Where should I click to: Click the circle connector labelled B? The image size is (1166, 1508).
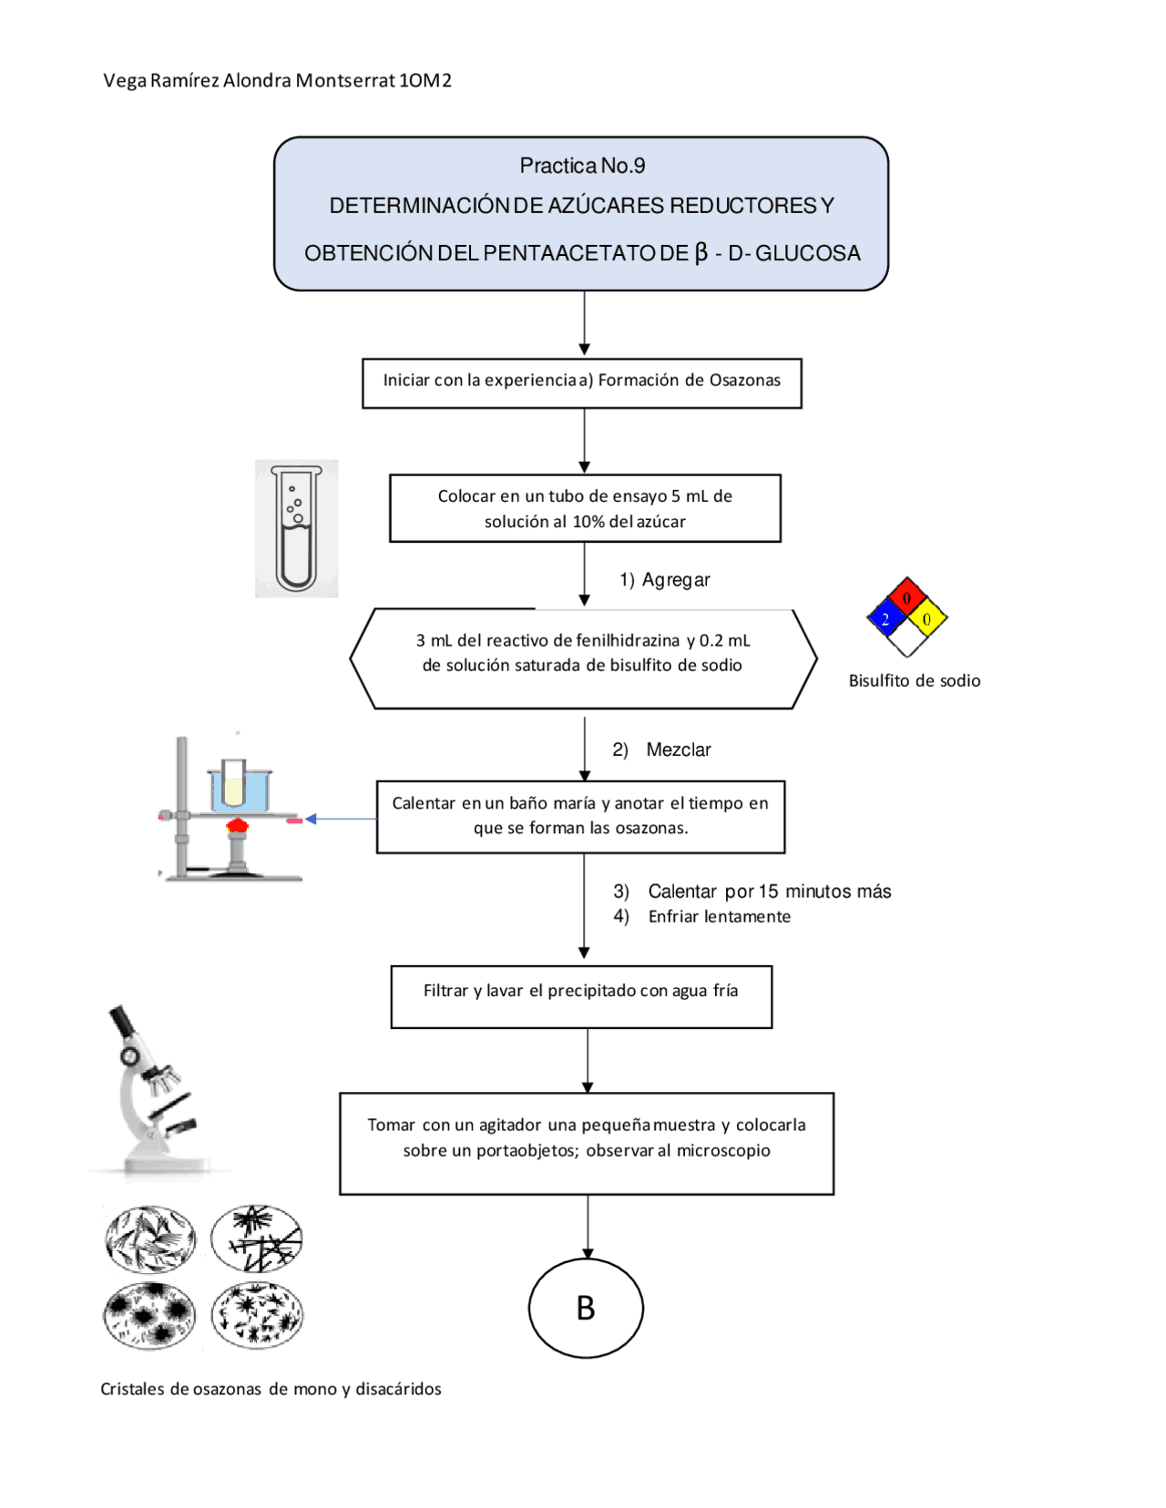click(x=586, y=1308)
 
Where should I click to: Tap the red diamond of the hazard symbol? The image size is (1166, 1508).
click(x=906, y=596)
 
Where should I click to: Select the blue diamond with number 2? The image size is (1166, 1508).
click(x=886, y=617)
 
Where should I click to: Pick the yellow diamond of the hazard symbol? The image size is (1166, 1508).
click(x=927, y=617)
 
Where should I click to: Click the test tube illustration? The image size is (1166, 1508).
click(x=296, y=529)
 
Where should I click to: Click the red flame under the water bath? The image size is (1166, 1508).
click(x=238, y=825)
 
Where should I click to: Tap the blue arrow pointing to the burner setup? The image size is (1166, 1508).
click(x=341, y=819)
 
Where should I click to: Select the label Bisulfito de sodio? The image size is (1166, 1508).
click(x=914, y=681)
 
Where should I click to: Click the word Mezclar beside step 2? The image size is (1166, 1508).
click(x=678, y=749)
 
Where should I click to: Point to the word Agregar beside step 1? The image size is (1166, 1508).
click(x=675, y=579)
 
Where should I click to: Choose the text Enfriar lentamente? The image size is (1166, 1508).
click(x=719, y=916)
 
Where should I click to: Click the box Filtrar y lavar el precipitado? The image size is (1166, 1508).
click(x=581, y=996)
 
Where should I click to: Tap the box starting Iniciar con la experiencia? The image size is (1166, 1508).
click(x=581, y=383)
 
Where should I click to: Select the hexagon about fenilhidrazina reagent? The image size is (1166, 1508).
click(x=584, y=658)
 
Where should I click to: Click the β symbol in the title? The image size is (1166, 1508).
click(x=701, y=252)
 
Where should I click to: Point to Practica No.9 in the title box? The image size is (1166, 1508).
click(x=582, y=165)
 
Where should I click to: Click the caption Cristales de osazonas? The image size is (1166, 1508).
click(x=271, y=1389)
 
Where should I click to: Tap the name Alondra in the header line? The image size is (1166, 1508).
click(x=257, y=80)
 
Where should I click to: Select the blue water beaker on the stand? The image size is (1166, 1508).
click(x=239, y=790)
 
